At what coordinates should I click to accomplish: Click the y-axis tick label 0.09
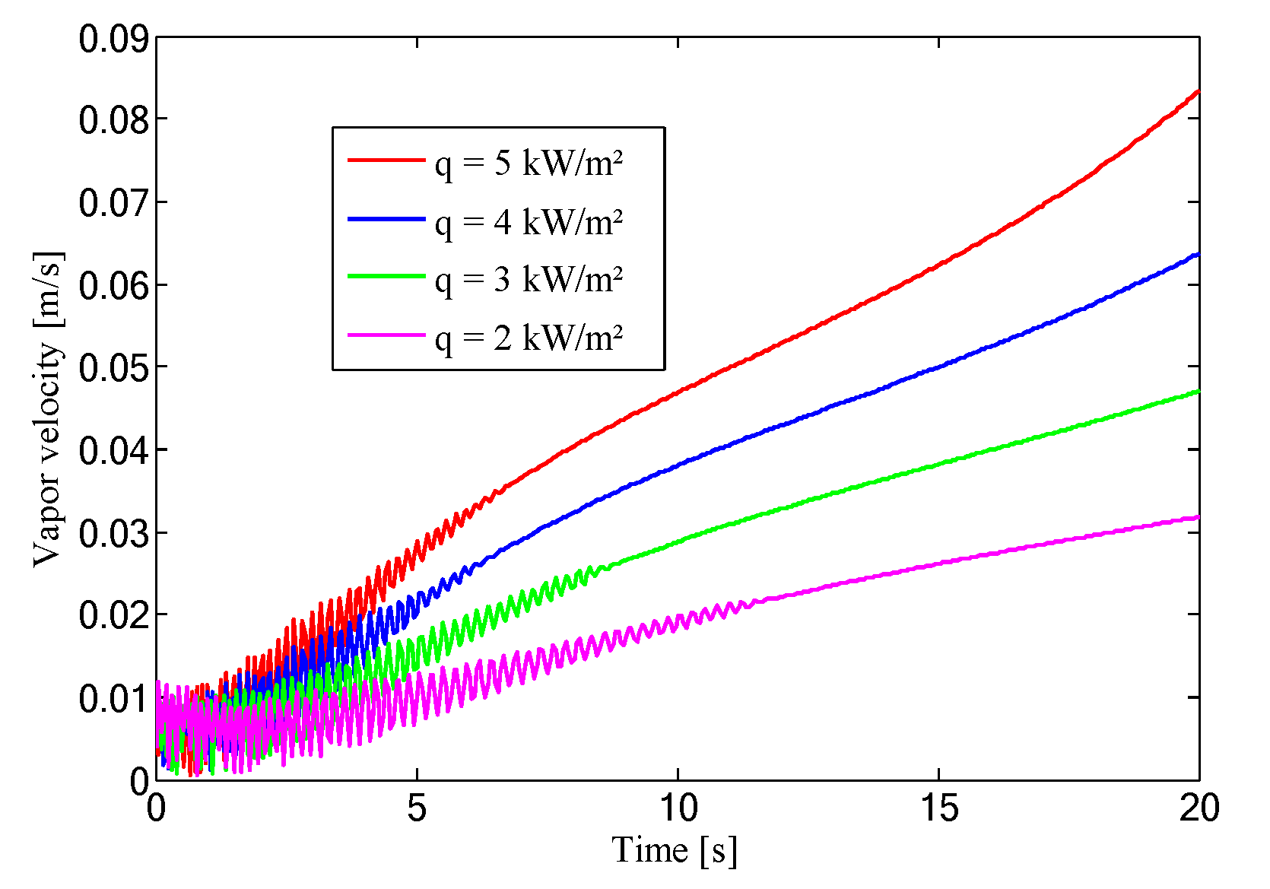pyautogui.click(x=113, y=40)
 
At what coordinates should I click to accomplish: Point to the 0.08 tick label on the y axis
pyautogui.click(x=113, y=121)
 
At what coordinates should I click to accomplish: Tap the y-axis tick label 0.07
pyautogui.click(x=113, y=204)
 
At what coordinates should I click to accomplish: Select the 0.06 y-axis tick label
pyautogui.click(x=113, y=286)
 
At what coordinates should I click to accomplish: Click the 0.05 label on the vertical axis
pyautogui.click(x=113, y=369)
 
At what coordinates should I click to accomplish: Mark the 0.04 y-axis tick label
pyautogui.click(x=113, y=451)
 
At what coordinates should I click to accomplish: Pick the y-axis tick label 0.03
pyautogui.click(x=113, y=534)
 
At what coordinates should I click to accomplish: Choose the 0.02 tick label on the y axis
pyautogui.click(x=113, y=616)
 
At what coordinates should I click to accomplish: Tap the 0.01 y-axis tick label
pyautogui.click(x=113, y=699)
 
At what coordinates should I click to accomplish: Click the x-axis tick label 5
pyautogui.click(x=417, y=808)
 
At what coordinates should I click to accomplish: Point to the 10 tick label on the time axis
pyautogui.click(x=678, y=808)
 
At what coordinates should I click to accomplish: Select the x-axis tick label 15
pyautogui.click(x=939, y=808)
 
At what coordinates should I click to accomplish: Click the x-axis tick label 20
pyautogui.click(x=1199, y=808)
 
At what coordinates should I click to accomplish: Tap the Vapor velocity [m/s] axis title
pyautogui.click(x=48, y=409)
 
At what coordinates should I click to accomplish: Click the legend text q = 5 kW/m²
pyautogui.click(x=529, y=164)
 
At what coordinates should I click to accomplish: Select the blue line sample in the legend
pyautogui.click(x=386, y=219)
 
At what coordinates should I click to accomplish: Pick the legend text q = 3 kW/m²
pyautogui.click(x=529, y=280)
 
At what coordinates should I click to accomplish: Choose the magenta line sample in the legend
pyautogui.click(x=386, y=335)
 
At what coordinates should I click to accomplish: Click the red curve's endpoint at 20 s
pyautogui.click(x=1198, y=91)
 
